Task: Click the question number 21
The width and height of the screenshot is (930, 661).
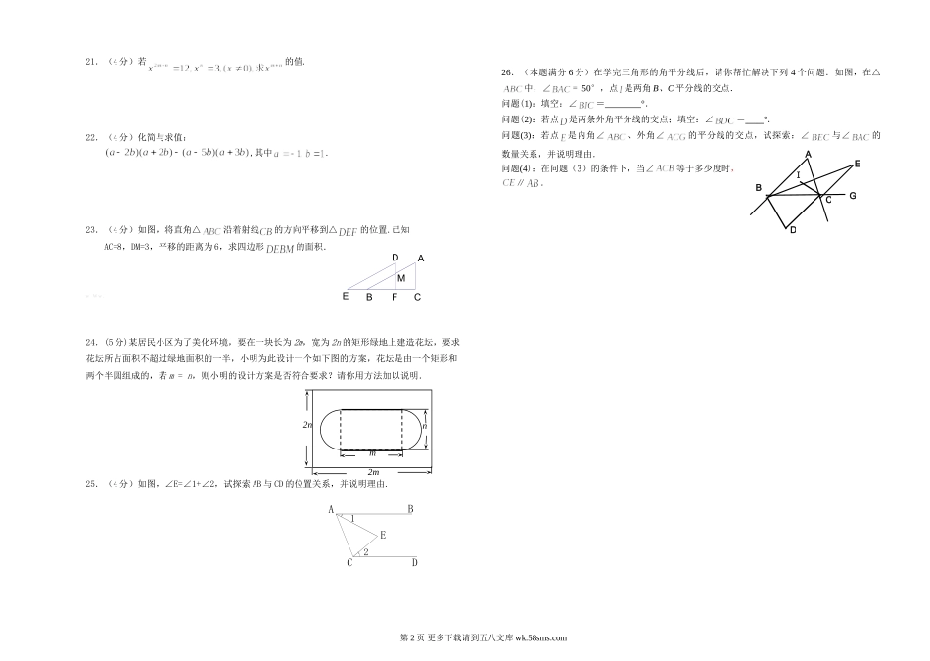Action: click(90, 62)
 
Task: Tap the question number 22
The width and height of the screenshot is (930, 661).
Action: click(90, 136)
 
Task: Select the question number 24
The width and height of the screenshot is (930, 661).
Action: click(90, 342)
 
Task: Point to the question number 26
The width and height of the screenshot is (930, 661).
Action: click(506, 71)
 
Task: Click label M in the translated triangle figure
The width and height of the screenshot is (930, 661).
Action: click(400, 278)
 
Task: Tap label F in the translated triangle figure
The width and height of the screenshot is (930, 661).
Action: click(394, 297)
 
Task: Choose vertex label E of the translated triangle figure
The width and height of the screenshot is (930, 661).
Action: click(346, 296)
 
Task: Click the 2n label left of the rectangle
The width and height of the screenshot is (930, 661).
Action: click(305, 424)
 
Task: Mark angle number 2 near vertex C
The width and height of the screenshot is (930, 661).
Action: click(364, 553)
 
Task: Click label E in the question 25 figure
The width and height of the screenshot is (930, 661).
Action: click(382, 535)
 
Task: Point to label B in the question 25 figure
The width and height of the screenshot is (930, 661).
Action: click(409, 509)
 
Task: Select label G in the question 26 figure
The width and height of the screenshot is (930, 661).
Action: click(853, 197)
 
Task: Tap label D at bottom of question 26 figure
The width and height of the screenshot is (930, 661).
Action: click(793, 230)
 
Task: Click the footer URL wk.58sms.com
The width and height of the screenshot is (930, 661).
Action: click(534, 637)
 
